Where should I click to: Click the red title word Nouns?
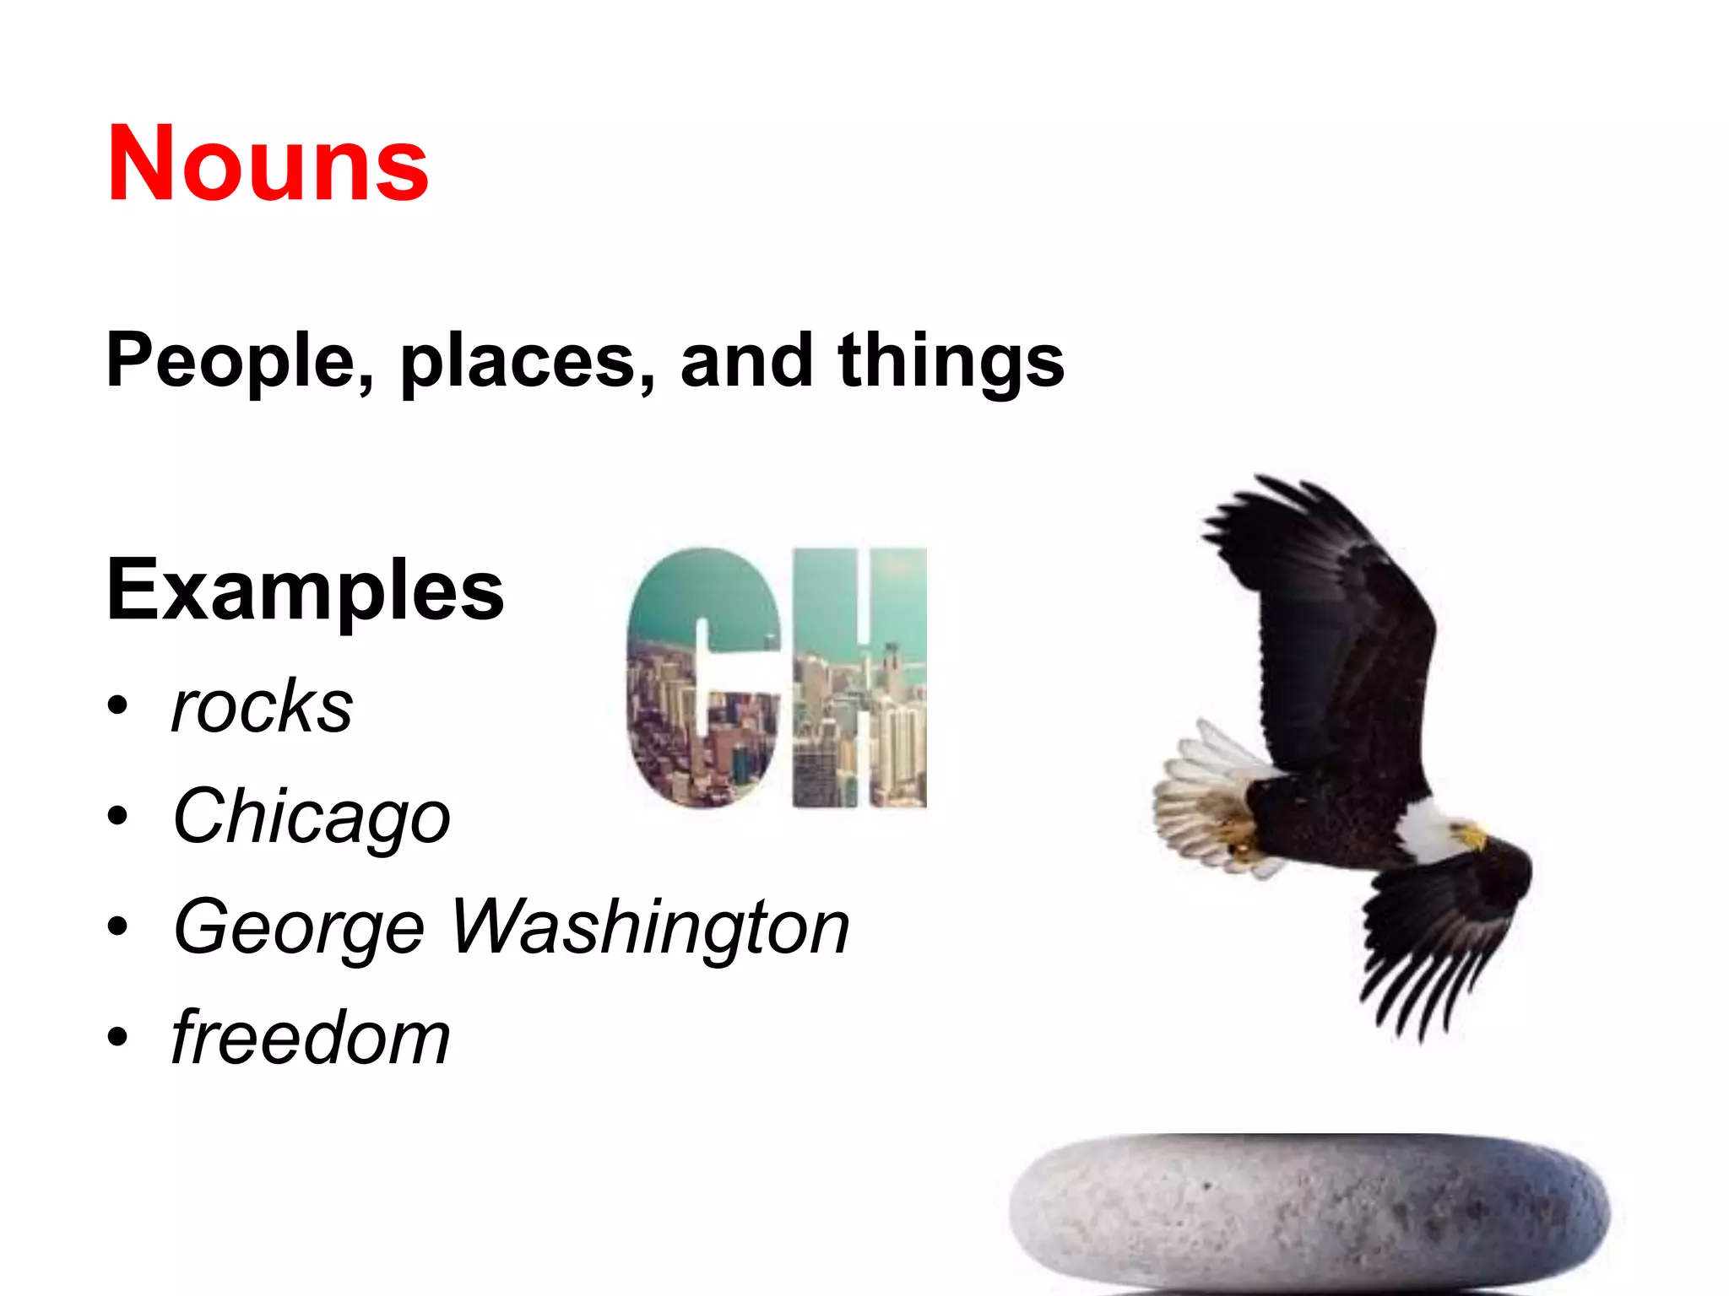coord(268,164)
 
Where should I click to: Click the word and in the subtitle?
coord(746,361)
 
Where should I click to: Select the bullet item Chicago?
coord(312,817)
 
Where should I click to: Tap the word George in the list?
coord(298,928)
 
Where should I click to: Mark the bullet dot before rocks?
coord(118,705)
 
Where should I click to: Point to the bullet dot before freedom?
coord(118,1038)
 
